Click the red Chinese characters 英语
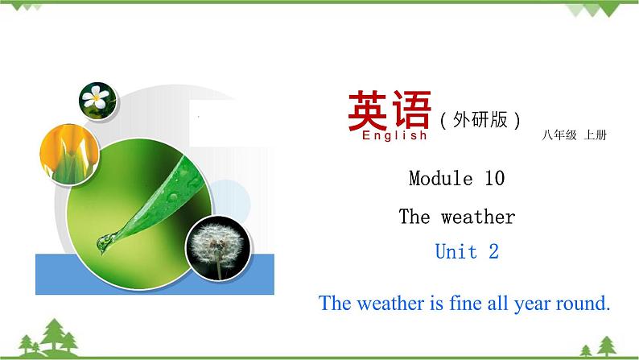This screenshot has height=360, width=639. [x=389, y=111]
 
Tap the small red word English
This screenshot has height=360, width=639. [x=395, y=136]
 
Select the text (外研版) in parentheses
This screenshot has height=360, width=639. [x=480, y=119]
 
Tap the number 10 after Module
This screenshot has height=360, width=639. [x=494, y=178]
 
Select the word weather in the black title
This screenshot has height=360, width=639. [x=477, y=217]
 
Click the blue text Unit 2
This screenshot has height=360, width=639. [x=467, y=251]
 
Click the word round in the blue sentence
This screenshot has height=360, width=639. [x=579, y=304]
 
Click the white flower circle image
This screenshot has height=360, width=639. [x=97, y=99]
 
